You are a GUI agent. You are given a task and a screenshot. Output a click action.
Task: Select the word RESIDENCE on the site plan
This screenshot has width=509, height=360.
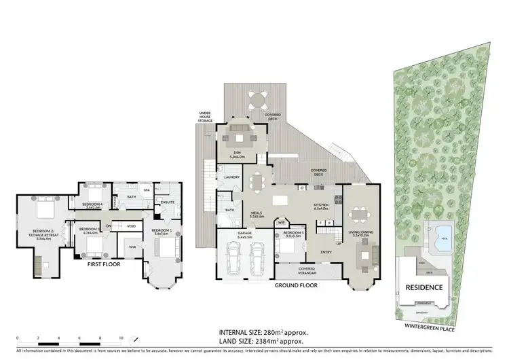click(425, 287)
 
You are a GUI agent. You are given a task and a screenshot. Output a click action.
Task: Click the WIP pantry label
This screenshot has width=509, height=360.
click(282, 222)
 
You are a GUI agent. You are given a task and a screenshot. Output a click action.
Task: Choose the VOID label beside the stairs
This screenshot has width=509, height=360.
click(132, 226)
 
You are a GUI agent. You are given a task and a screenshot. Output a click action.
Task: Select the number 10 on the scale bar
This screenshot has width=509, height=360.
click(121, 338)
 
